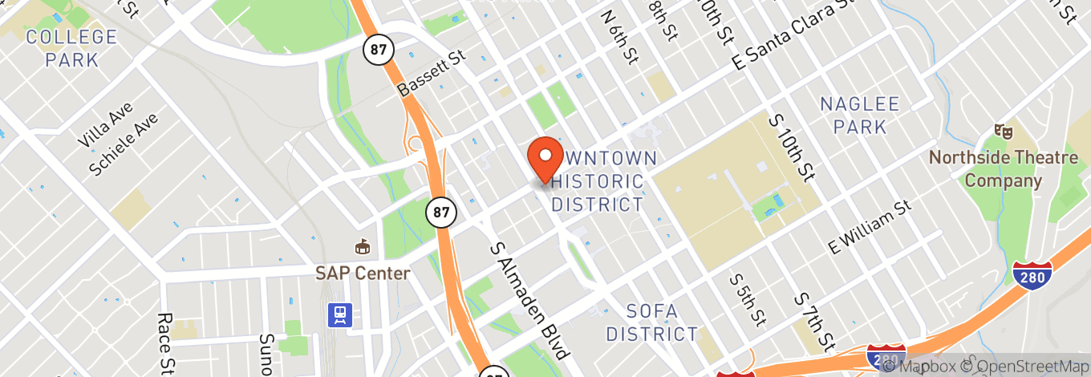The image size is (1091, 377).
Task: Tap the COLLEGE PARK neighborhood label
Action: coord(71,48)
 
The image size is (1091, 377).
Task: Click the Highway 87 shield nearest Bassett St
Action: coord(376,50)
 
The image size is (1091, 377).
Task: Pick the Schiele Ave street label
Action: coord(124,144)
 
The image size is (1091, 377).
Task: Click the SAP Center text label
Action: coord(363,274)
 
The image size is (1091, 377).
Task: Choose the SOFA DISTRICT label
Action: coord(651,322)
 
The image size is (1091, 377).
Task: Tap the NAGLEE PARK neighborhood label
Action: coord(860,116)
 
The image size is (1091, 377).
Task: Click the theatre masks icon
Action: coord(1000,130)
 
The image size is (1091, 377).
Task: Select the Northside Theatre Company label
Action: coord(1004,168)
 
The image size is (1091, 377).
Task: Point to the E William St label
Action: coord(870,227)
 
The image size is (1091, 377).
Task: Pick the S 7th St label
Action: coord(814,322)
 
